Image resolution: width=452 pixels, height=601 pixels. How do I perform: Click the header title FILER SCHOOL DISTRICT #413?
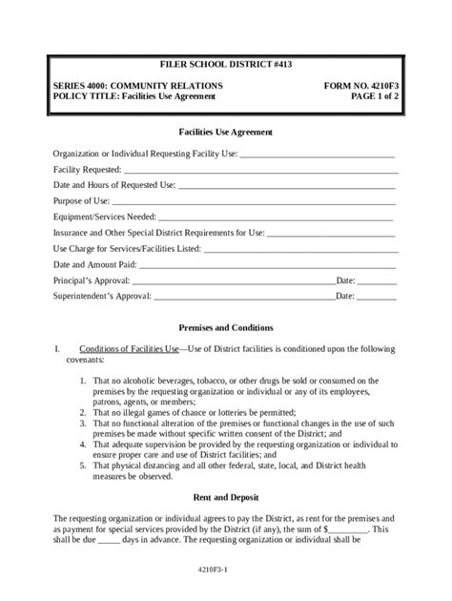[x=226, y=64]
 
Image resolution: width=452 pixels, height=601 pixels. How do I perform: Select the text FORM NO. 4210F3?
[x=360, y=85]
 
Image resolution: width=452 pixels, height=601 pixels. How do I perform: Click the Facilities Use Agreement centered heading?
[x=226, y=131]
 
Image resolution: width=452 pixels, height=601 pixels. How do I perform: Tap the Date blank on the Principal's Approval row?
[x=378, y=282]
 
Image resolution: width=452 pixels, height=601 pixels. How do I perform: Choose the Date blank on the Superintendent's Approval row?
[x=378, y=299]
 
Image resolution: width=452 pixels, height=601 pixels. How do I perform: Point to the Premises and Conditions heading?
[x=226, y=326]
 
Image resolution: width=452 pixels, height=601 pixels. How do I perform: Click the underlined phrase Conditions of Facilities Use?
[x=130, y=349]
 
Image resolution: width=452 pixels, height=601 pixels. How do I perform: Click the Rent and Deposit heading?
[x=226, y=497]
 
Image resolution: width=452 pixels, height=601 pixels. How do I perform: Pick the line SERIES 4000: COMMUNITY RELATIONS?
[x=138, y=85]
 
